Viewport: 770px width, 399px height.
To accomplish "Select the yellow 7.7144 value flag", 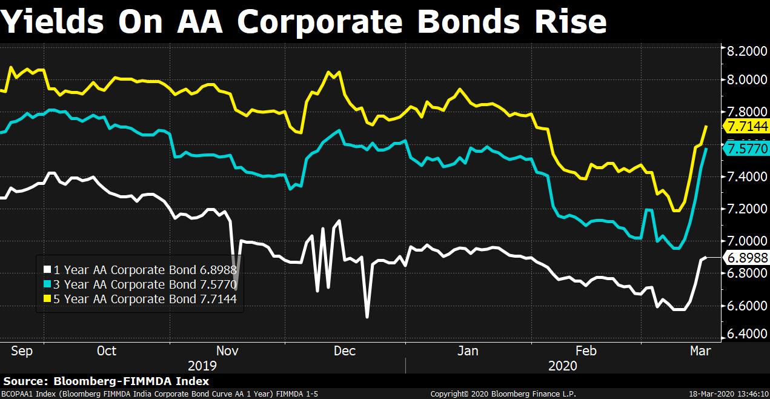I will pos(746,126).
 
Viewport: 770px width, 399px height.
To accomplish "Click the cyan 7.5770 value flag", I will pos(746,149).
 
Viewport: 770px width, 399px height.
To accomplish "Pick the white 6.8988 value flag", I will pos(746,258).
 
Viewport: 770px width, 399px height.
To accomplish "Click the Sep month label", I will pos(22,351).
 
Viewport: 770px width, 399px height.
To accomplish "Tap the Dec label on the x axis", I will pos(345,351).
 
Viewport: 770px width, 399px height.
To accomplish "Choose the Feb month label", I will pos(585,351).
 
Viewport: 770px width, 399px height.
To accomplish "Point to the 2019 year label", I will pos(202,366).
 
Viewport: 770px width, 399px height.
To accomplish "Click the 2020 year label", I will pos(563,366).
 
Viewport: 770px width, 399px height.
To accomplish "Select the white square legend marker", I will pos(47,270).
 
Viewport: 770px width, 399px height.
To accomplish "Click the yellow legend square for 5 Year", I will pos(47,299).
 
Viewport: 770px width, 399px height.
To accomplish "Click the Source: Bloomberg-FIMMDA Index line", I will pos(107,381).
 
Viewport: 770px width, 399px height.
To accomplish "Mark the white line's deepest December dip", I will pos(367,316).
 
